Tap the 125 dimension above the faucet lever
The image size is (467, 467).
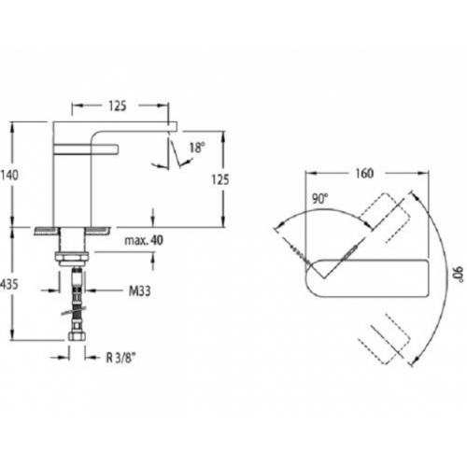[x=117, y=106]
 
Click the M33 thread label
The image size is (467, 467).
[x=138, y=290]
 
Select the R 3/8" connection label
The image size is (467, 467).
[x=121, y=355]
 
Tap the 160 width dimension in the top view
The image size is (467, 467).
[x=365, y=173]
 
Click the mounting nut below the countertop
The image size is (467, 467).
[x=75, y=254]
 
